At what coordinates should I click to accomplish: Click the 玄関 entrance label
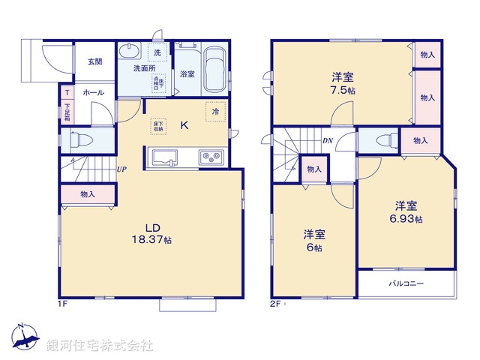[x=94, y=61]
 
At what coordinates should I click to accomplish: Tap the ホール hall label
[x=94, y=92]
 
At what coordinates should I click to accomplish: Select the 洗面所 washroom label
[x=144, y=68]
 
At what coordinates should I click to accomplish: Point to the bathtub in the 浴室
[x=216, y=68]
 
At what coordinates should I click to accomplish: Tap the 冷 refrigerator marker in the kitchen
[x=216, y=112]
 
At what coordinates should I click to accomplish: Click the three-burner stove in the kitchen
[x=209, y=157]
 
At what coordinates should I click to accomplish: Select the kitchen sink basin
[x=165, y=157]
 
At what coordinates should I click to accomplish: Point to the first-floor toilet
[x=80, y=139]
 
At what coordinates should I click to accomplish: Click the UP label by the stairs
[x=121, y=169]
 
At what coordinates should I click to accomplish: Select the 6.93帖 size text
[x=408, y=219]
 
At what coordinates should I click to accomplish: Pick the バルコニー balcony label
[x=406, y=283]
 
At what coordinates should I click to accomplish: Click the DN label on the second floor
[x=328, y=140]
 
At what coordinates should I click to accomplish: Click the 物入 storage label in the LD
[x=88, y=194]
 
